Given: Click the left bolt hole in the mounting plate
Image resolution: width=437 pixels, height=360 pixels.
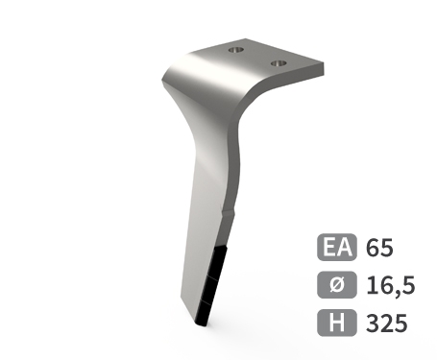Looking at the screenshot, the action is (236, 50).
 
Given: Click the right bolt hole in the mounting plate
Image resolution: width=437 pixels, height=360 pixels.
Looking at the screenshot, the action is (279, 63).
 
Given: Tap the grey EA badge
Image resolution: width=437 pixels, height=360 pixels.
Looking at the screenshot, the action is (337, 247).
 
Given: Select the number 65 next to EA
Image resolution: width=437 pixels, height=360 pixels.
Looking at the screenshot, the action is (379, 248).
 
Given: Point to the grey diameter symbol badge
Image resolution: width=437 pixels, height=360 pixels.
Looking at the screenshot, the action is (337, 285).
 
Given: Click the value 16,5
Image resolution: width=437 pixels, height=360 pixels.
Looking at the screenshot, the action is (391, 286).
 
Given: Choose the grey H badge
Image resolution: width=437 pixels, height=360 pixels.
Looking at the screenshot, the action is (337, 323).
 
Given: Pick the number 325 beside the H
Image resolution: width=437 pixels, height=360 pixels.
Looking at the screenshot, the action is (387, 323).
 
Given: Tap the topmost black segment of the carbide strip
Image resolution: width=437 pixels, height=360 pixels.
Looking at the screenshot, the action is (219, 263).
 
